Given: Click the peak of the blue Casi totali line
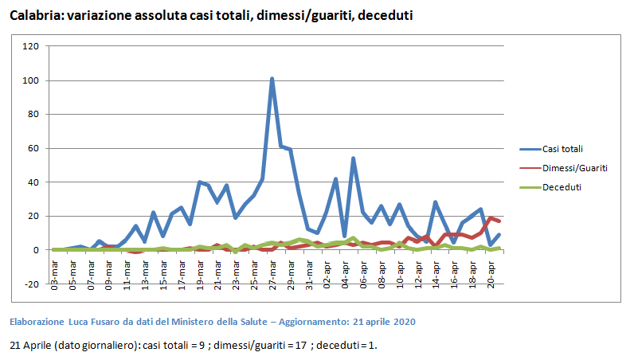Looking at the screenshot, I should pyautogui.click(x=272, y=79).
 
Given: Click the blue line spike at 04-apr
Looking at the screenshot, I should pyautogui.click(x=353, y=158).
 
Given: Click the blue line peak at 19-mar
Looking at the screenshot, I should pyautogui.click(x=199, y=182).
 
